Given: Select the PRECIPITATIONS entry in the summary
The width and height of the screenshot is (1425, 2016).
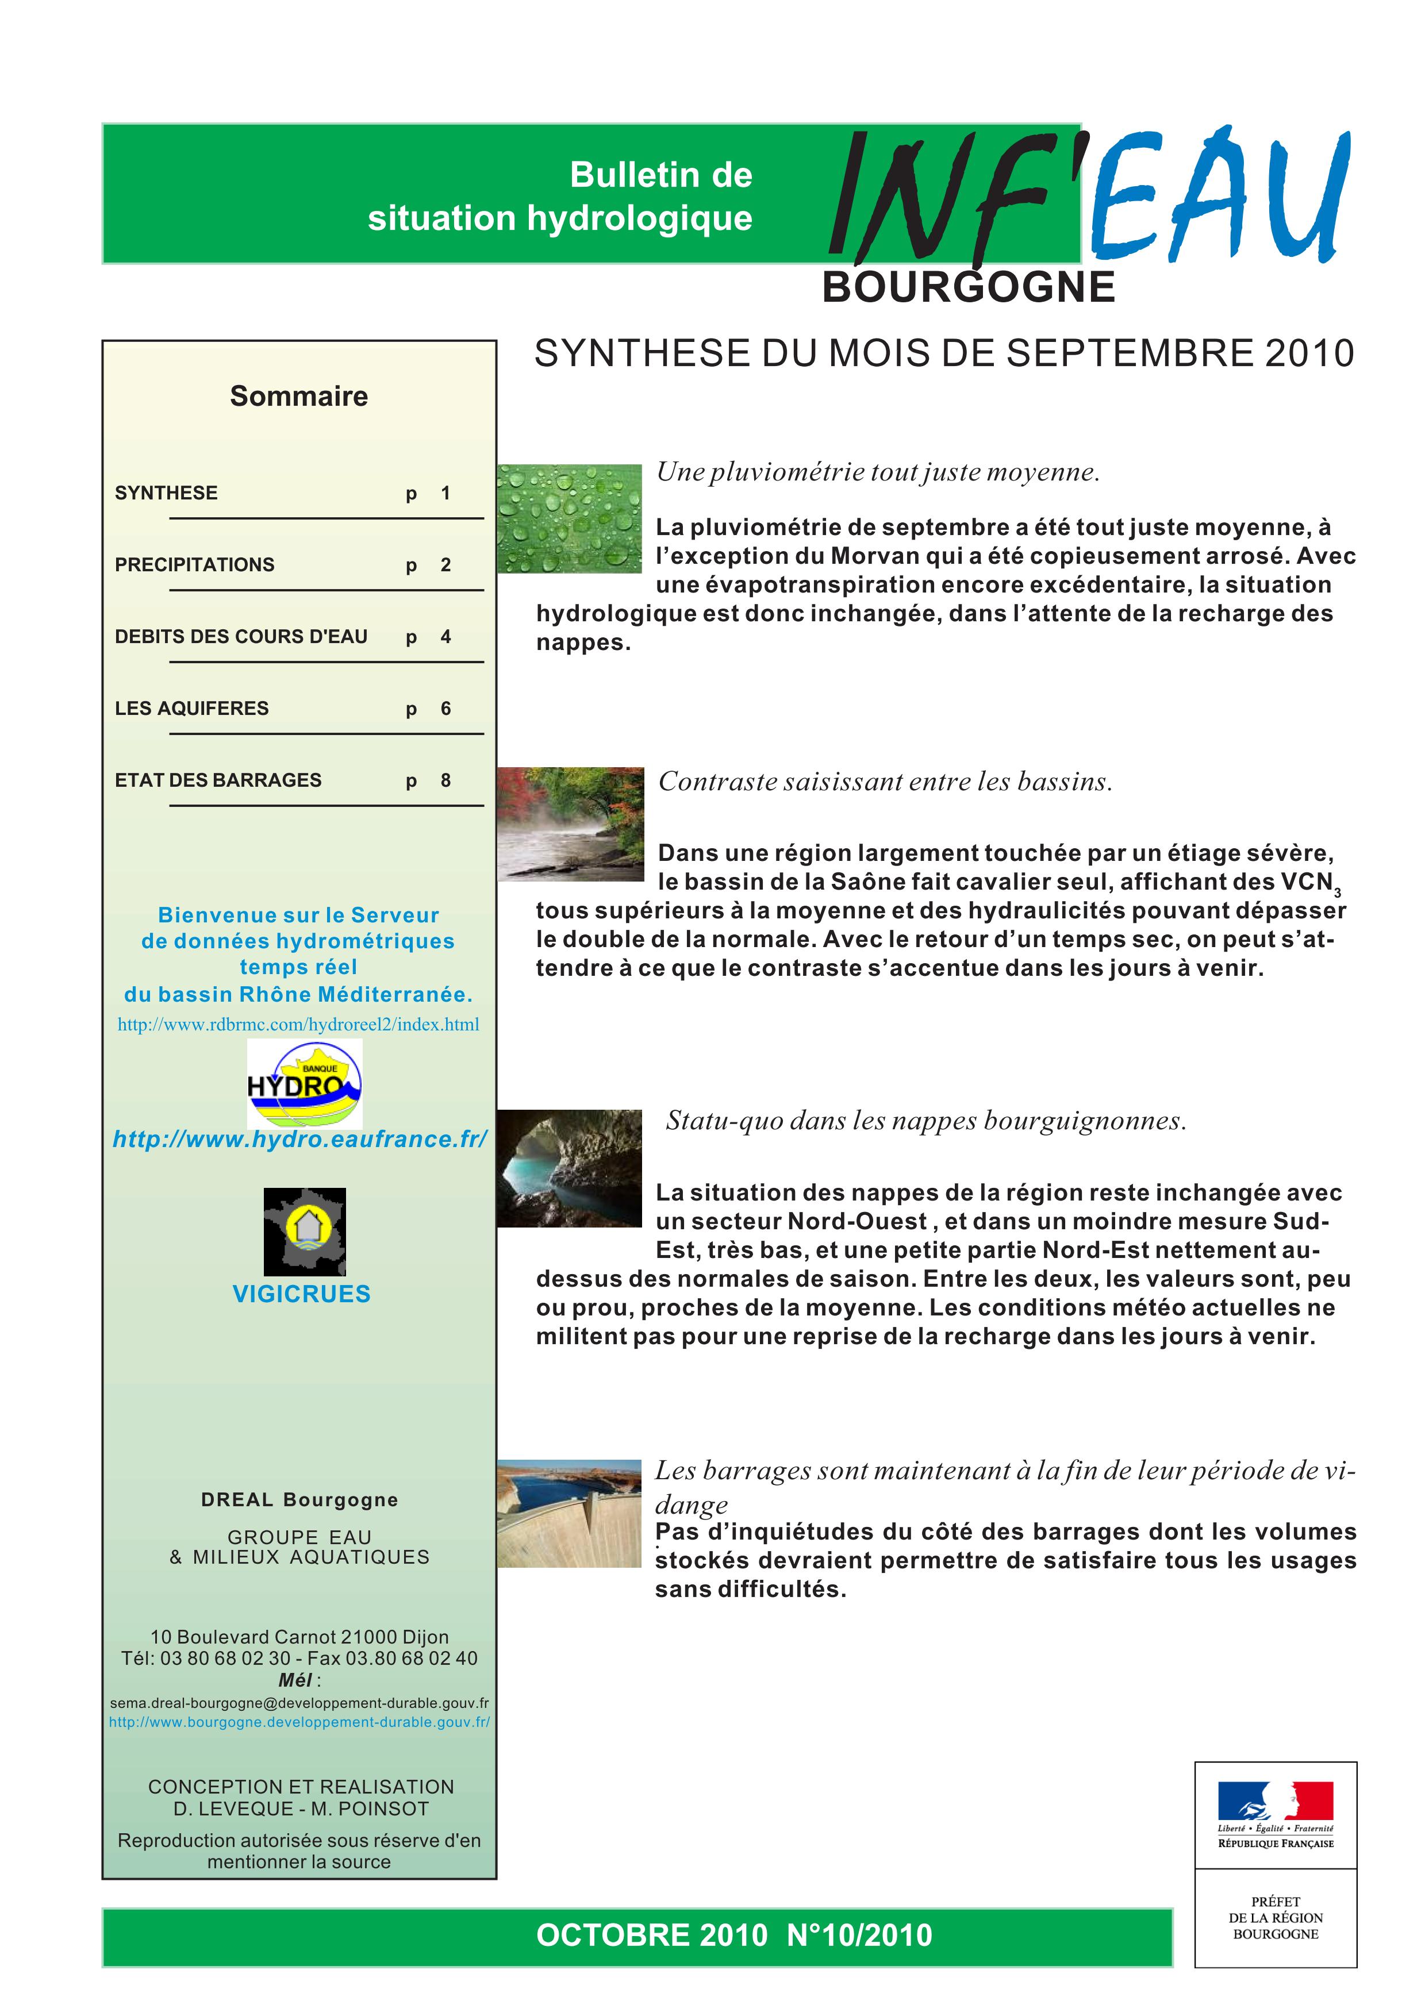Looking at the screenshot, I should [x=195, y=564].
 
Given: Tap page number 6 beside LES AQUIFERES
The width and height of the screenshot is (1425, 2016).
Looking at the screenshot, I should [x=446, y=709].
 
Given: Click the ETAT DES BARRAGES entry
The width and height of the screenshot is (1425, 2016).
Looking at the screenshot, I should [x=218, y=780].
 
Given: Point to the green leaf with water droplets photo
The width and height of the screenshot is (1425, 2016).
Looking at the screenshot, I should [x=570, y=519].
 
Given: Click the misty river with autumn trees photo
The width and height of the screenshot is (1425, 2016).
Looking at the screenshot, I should [x=571, y=824].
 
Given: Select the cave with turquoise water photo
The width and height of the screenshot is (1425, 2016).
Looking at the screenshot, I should [x=570, y=1168].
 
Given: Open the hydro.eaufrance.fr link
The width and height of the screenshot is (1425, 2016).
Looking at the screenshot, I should [x=300, y=1140].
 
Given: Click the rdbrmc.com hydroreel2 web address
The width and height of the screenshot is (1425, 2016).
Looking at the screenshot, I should [x=298, y=1025].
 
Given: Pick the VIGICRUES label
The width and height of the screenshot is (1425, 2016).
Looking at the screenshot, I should [x=301, y=1294].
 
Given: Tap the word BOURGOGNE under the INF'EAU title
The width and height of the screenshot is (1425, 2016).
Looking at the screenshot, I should [x=969, y=288].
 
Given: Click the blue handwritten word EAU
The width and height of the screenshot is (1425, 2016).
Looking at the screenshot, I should [x=1220, y=198].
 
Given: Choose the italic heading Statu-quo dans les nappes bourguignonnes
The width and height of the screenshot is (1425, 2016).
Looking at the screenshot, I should [x=926, y=1121].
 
